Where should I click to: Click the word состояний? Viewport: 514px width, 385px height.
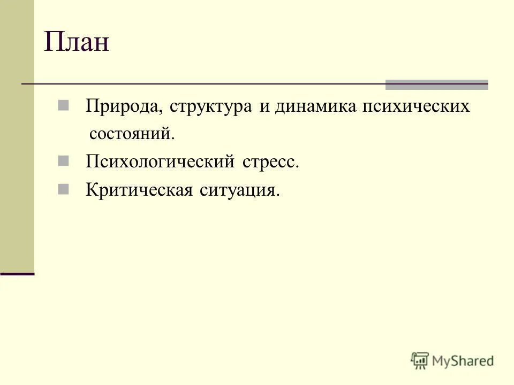click(x=132, y=134)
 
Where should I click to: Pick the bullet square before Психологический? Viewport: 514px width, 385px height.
click(x=63, y=160)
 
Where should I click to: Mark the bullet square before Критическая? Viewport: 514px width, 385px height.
click(x=63, y=188)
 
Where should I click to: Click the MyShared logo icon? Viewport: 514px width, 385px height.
click(x=420, y=360)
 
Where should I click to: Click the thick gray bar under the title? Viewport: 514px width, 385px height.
click(x=437, y=84)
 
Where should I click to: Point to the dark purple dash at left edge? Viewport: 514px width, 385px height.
click(x=17, y=274)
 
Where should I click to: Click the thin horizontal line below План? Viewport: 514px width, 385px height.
click(x=203, y=84)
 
